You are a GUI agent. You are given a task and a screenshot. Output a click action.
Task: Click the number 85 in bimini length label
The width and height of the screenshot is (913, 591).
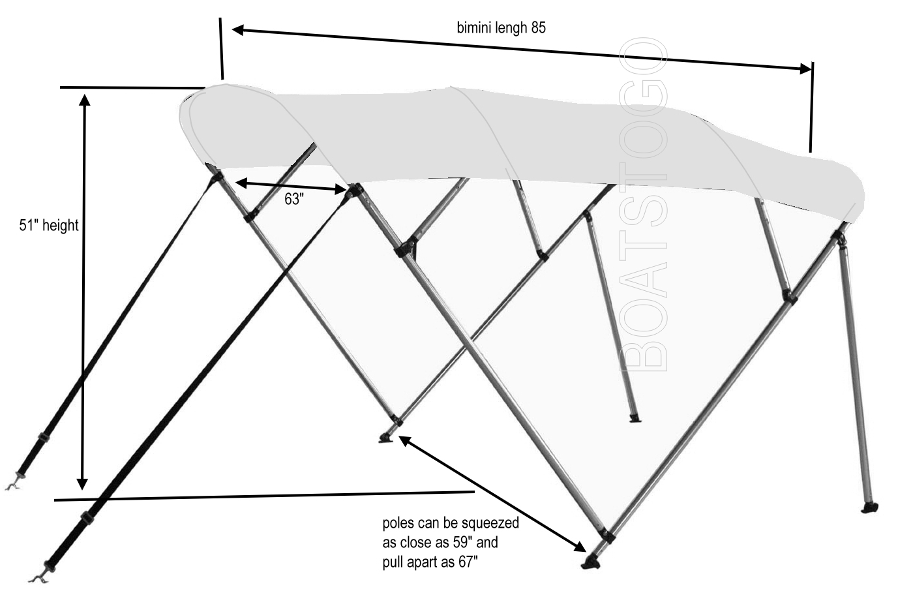click(539, 27)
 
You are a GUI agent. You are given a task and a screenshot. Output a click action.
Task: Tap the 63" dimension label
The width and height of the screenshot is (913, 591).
click(294, 199)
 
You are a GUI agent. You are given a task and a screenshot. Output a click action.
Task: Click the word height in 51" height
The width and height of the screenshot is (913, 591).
click(60, 225)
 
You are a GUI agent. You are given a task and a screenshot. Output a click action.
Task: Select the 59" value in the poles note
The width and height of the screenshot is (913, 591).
click(462, 543)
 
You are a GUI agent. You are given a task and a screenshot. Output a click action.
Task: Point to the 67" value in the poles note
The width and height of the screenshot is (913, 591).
click(468, 562)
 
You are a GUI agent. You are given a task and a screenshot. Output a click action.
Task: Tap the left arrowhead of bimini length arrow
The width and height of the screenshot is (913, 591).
click(237, 30)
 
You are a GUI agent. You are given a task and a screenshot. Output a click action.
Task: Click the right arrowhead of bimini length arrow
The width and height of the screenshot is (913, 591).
click(805, 68)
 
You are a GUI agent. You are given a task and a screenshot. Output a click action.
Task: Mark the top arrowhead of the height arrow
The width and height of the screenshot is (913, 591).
click(84, 100)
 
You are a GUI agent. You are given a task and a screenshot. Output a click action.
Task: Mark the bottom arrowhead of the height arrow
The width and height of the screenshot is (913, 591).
click(82, 483)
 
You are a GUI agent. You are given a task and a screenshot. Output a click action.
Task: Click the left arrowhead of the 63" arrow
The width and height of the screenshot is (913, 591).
click(241, 183)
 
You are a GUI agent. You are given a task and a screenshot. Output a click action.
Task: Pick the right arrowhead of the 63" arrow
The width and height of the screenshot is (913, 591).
click(340, 189)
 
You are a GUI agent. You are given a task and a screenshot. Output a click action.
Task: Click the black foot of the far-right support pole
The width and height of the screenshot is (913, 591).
click(869, 508)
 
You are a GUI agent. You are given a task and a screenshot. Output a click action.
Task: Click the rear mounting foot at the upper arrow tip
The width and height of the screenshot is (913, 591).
click(386, 438)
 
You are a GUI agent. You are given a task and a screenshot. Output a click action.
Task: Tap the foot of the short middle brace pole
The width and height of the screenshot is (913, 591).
click(634, 418)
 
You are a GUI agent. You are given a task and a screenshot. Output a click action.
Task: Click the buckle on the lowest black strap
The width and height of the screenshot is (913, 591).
click(86, 518)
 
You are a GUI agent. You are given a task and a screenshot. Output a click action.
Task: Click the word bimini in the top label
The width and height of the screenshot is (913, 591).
click(471, 27)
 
